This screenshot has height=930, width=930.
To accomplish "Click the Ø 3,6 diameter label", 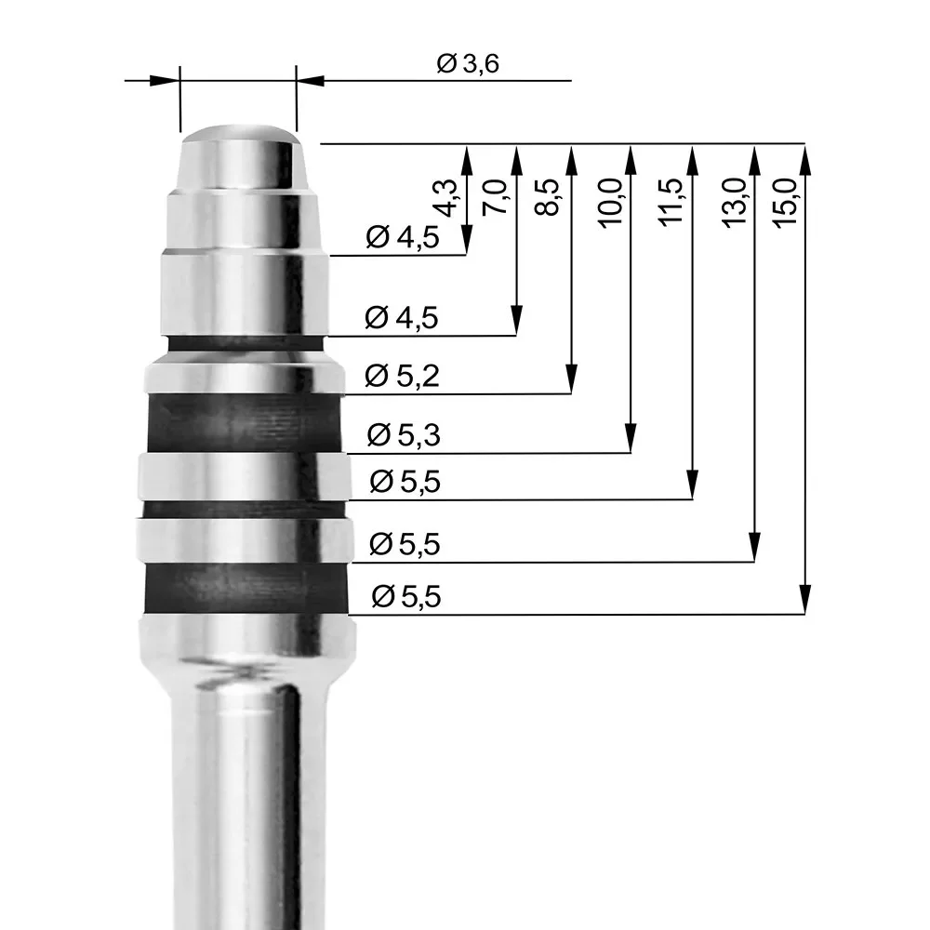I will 469,64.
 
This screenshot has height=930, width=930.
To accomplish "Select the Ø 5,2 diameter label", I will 403,377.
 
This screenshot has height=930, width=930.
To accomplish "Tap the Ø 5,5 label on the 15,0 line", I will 405,597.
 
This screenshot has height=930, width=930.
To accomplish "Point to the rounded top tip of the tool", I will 240,133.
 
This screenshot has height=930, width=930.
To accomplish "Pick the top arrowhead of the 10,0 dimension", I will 631,157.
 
